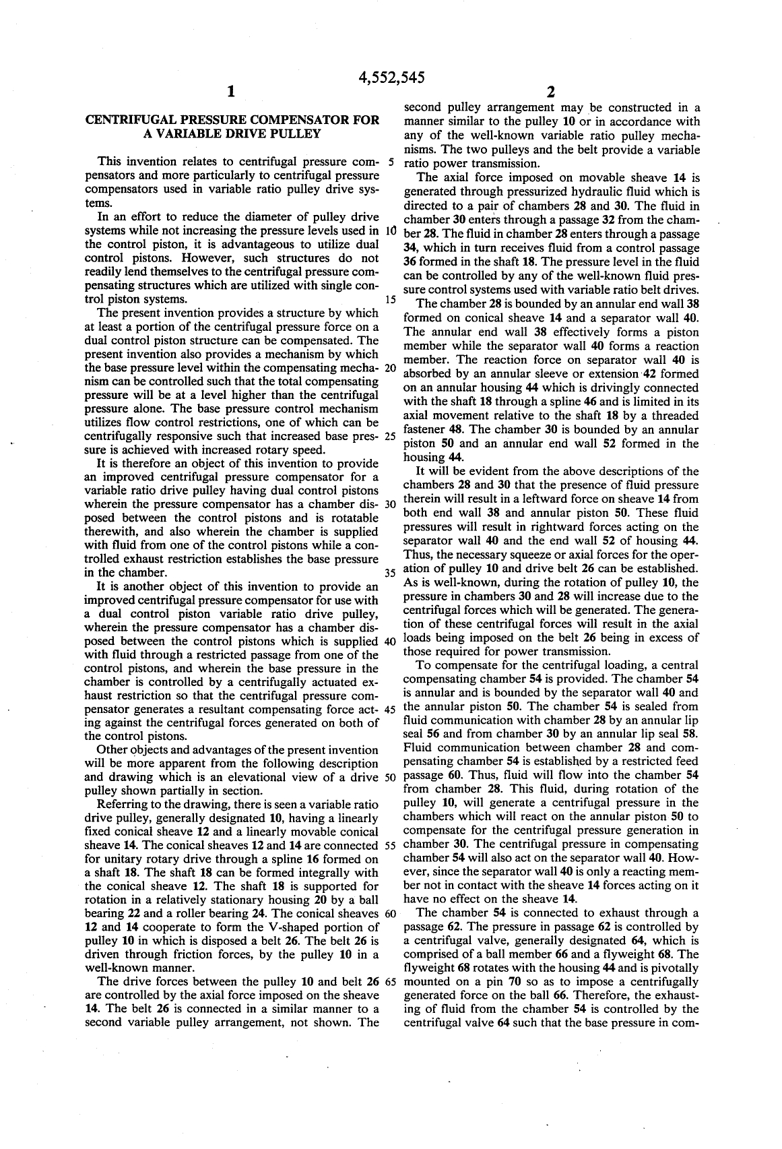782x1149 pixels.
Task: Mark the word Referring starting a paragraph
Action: point(120,805)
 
